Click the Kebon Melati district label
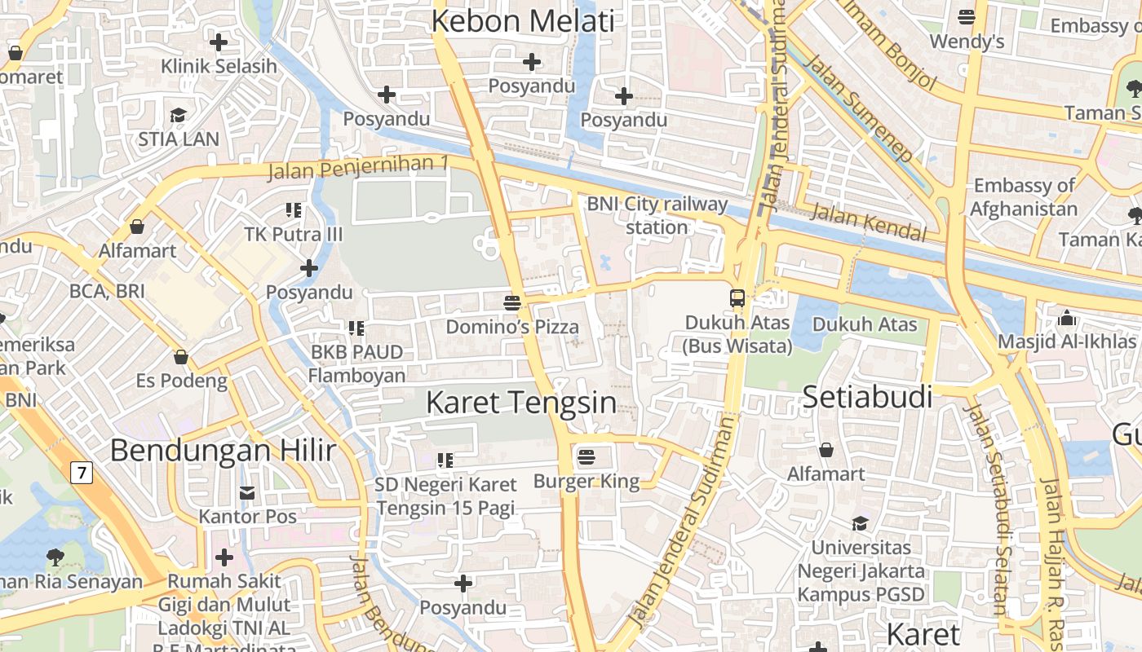coord(522,21)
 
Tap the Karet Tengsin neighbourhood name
coord(521,402)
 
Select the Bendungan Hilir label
coord(223,450)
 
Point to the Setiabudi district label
coord(867,397)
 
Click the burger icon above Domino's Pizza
coord(512,303)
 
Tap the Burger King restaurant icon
coord(586,457)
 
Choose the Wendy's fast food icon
coord(967,16)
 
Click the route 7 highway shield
coord(81,472)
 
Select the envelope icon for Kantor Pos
coord(247,492)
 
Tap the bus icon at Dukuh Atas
coord(737,297)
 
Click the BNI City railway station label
coord(657,215)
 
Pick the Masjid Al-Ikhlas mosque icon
coord(1067,318)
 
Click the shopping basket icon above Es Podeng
coord(181,357)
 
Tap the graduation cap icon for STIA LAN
coord(178,115)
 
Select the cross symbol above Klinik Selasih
coord(219,42)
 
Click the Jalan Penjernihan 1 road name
coord(358,167)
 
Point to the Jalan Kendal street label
coord(870,223)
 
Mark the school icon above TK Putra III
coord(294,210)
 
